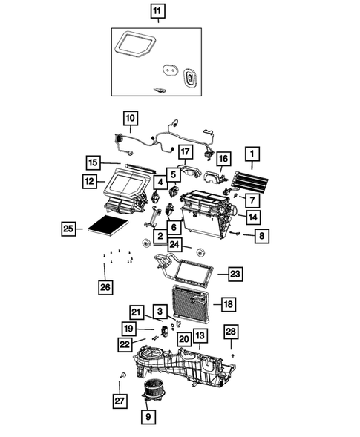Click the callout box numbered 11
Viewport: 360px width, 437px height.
click(157, 11)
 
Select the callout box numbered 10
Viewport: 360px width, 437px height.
click(129, 117)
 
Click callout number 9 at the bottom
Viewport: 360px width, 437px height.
click(148, 418)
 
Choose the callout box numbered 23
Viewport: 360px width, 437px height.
click(235, 275)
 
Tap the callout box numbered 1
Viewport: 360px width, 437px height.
click(253, 154)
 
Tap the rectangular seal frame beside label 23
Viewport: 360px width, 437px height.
click(192, 272)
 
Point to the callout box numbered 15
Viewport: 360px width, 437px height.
click(112, 162)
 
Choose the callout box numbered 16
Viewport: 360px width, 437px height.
click(223, 158)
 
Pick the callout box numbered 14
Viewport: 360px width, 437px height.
click(252, 217)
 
